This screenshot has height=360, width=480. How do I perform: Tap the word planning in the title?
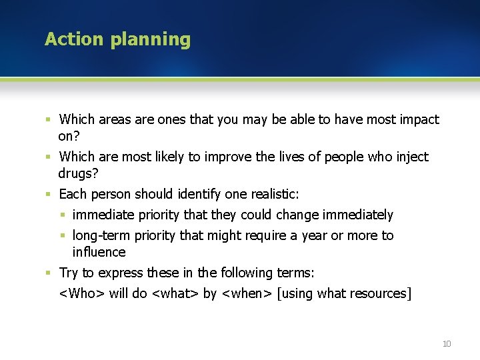coord(151,40)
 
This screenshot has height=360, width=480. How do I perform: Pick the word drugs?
coord(78,173)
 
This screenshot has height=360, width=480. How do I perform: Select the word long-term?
coord(101,235)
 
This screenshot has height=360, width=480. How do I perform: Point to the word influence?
coord(99,252)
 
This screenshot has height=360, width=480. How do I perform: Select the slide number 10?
coord(446,343)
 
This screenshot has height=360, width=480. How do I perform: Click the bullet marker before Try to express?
coord(48,273)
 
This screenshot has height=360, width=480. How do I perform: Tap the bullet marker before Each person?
coord(48,195)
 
